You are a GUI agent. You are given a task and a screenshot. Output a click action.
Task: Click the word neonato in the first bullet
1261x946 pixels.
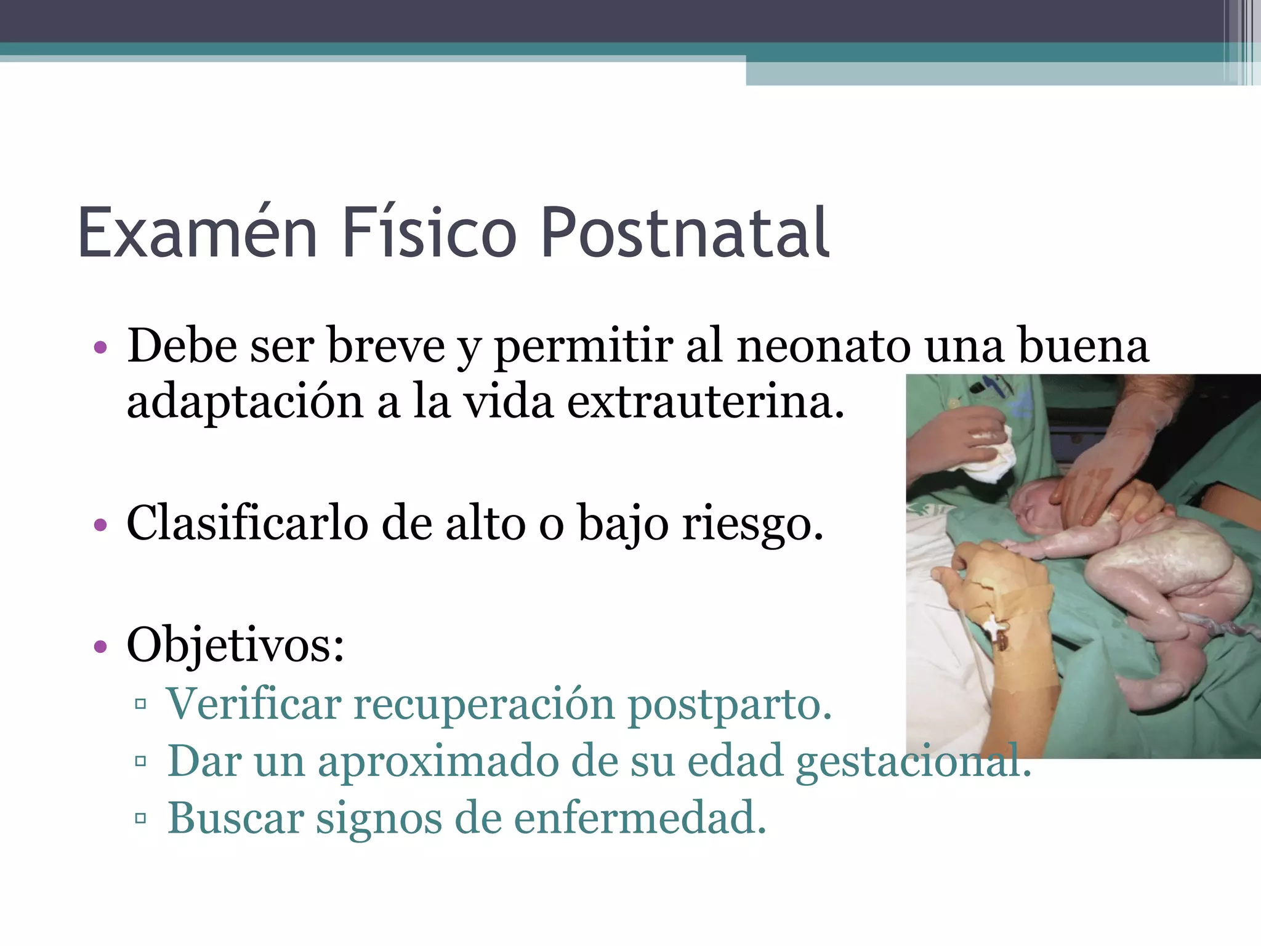pyautogui.click(x=823, y=346)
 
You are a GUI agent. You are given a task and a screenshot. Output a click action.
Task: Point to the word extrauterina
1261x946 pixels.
pyautogui.click(x=705, y=402)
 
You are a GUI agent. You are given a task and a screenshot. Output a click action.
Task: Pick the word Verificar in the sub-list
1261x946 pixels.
pyautogui.click(x=254, y=703)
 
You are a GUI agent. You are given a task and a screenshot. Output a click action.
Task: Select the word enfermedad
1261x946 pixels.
pyautogui.click(x=640, y=818)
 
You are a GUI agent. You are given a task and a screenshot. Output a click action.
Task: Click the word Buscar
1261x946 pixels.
pyautogui.click(x=236, y=818)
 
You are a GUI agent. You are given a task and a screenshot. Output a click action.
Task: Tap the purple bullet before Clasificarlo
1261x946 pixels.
pyautogui.click(x=100, y=525)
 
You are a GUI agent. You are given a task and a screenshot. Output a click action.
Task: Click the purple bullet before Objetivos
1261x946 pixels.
pyautogui.click(x=100, y=647)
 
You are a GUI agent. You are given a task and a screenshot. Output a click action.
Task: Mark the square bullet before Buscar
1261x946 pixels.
pyautogui.click(x=140, y=819)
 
